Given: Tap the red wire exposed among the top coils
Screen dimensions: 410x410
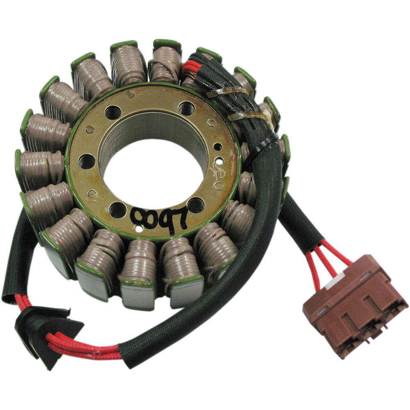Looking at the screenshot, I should click(x=189, y=66).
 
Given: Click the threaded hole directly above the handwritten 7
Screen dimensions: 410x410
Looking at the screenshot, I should click(x=196, y=204).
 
